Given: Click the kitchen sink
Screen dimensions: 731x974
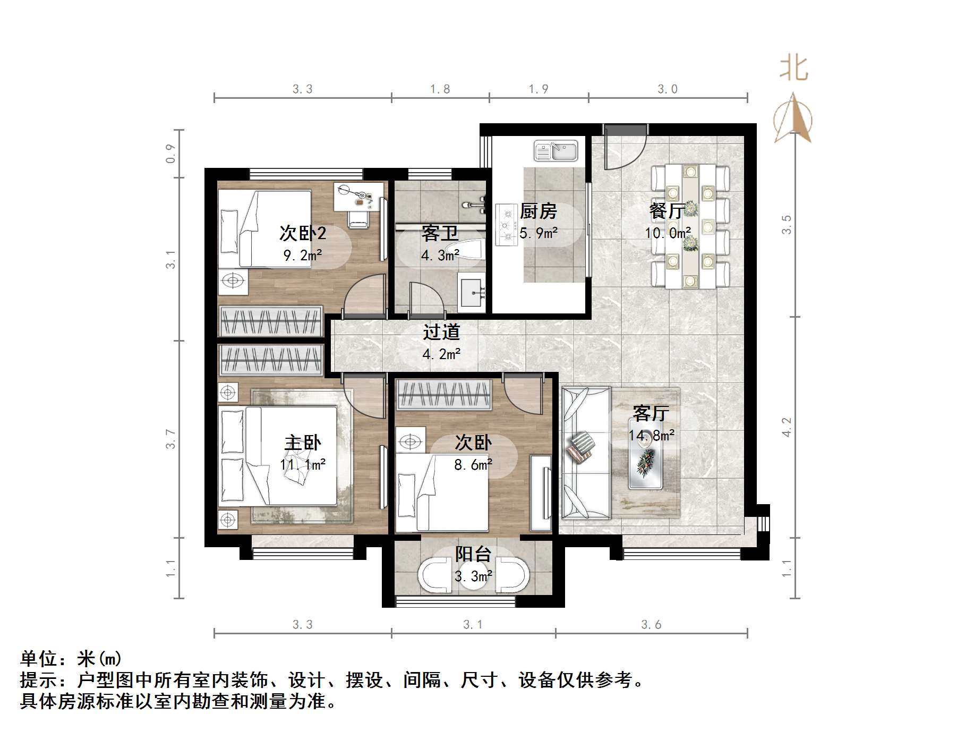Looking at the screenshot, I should point(556,151).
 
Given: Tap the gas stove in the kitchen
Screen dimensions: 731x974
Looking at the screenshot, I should point(506,225).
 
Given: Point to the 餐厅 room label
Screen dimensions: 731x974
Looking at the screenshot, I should point(667,211).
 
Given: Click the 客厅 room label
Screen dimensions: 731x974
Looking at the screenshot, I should point(651,413).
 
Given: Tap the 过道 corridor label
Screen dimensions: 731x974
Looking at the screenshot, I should point(441,333).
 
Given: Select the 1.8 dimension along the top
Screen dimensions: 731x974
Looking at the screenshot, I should point(440,89).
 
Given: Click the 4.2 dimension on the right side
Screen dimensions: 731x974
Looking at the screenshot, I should point(787,427).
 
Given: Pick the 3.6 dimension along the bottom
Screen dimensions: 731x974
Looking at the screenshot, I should point(651,625).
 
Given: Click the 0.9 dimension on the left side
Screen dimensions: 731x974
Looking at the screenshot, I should point(170,154).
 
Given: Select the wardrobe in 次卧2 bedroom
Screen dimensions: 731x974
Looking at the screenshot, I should point(271,321).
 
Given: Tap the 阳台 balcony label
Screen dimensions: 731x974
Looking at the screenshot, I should point(473,554).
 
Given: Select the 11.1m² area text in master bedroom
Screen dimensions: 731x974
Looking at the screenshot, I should point(303,465).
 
